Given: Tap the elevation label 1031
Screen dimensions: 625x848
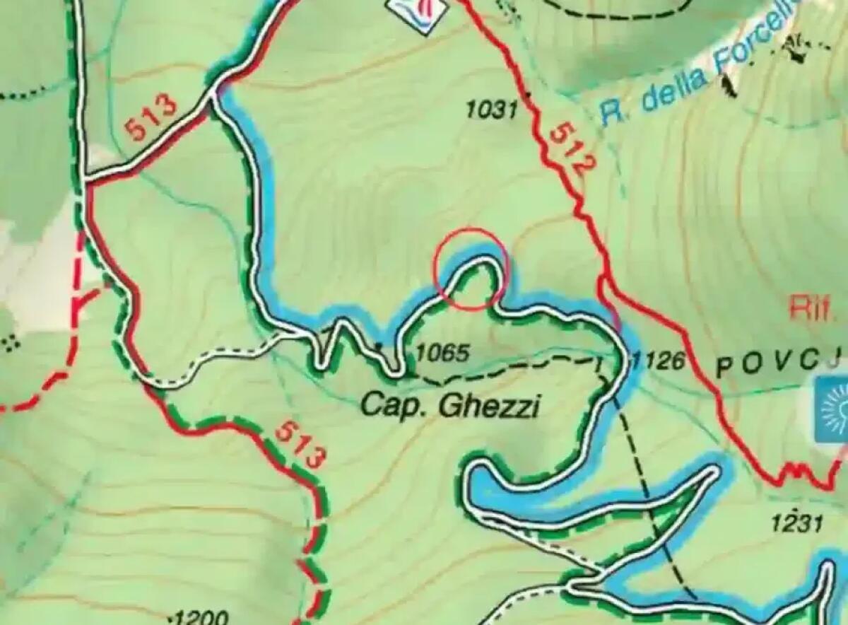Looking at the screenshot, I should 492,110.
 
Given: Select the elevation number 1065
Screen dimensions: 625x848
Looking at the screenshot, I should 443,353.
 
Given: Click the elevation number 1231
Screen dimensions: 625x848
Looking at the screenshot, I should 796,524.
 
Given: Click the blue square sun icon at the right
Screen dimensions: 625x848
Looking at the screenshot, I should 831,410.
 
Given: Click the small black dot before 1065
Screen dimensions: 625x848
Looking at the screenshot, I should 380,346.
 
